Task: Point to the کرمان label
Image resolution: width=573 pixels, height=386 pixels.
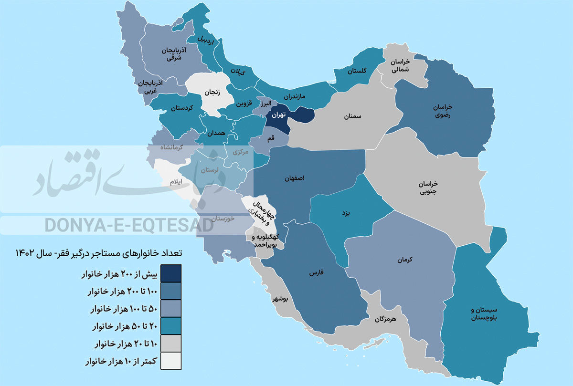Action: pyautogui.click(x=403, y=260)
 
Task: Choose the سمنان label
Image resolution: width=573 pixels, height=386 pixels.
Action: pyautogui.click(x=351, y=116)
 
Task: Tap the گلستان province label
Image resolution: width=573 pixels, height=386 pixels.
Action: pyautogui.click(x=357, y=71)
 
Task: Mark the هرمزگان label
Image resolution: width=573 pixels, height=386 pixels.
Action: pyautogui.click(x=385, y=319)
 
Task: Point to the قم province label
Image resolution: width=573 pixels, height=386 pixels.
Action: pyautogui.click(x=271, y=138)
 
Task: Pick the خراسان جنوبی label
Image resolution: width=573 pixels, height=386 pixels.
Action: pyautogui.click(x=428, y=188)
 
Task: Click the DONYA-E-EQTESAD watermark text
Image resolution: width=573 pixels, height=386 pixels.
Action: pyautogui.click(x=129, y=225)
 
